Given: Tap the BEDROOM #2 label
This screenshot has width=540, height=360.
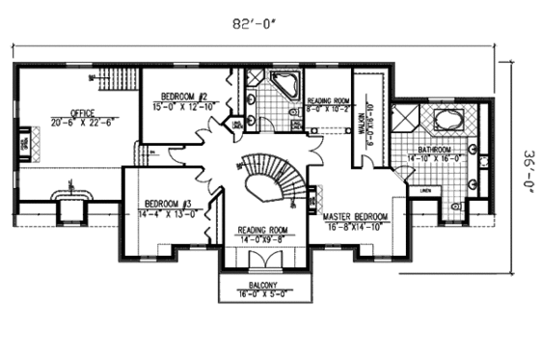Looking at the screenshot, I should click(183, 97).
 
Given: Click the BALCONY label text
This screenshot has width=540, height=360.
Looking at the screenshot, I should click(261, 286).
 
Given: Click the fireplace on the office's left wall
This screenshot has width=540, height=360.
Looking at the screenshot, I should click(26, 146).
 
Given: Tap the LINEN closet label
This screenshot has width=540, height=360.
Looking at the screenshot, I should click(425, 191).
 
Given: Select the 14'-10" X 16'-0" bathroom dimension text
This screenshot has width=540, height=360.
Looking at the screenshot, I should click(436, 157).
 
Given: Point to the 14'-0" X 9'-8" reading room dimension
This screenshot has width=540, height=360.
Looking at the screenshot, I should click(263, 238).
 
